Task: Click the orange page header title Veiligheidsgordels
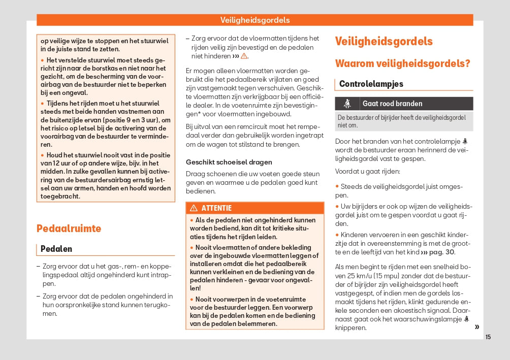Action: (255, 20)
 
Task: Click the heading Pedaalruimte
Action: (69, 228)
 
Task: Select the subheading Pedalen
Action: (56, 249)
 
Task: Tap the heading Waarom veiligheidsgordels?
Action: (402, 63)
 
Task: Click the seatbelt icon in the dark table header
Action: (348, 104)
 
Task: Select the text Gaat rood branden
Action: (392, 104)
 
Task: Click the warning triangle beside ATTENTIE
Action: (194, 208)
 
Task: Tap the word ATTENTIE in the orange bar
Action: (216, 208)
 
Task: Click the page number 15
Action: (488, 337)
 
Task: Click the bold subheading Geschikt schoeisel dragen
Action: (229, 162)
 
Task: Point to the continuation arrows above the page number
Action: (476, 327)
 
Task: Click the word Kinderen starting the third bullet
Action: (355, 235)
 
